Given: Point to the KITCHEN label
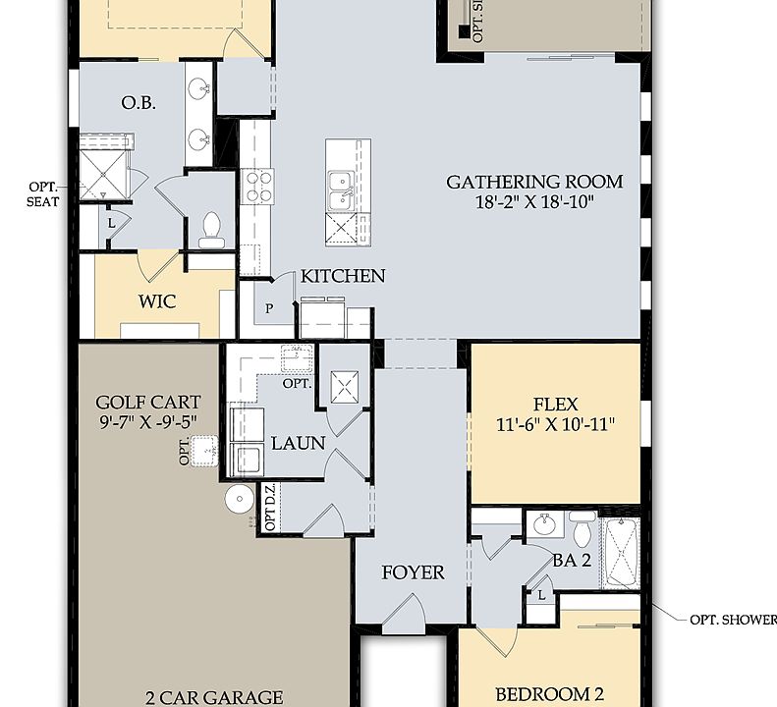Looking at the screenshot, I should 343,276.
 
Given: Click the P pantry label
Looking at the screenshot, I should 270,308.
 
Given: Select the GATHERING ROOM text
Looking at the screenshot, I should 534,182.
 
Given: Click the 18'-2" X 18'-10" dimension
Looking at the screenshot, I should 534,202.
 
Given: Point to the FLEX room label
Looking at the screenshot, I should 555,404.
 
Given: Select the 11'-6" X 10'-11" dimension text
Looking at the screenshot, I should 555,425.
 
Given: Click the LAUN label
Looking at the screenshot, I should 298,443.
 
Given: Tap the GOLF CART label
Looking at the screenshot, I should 148,402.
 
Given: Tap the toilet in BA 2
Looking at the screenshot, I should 582,533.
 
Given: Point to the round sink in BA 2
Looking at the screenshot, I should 544,526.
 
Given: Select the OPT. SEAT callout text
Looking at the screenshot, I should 42,193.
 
